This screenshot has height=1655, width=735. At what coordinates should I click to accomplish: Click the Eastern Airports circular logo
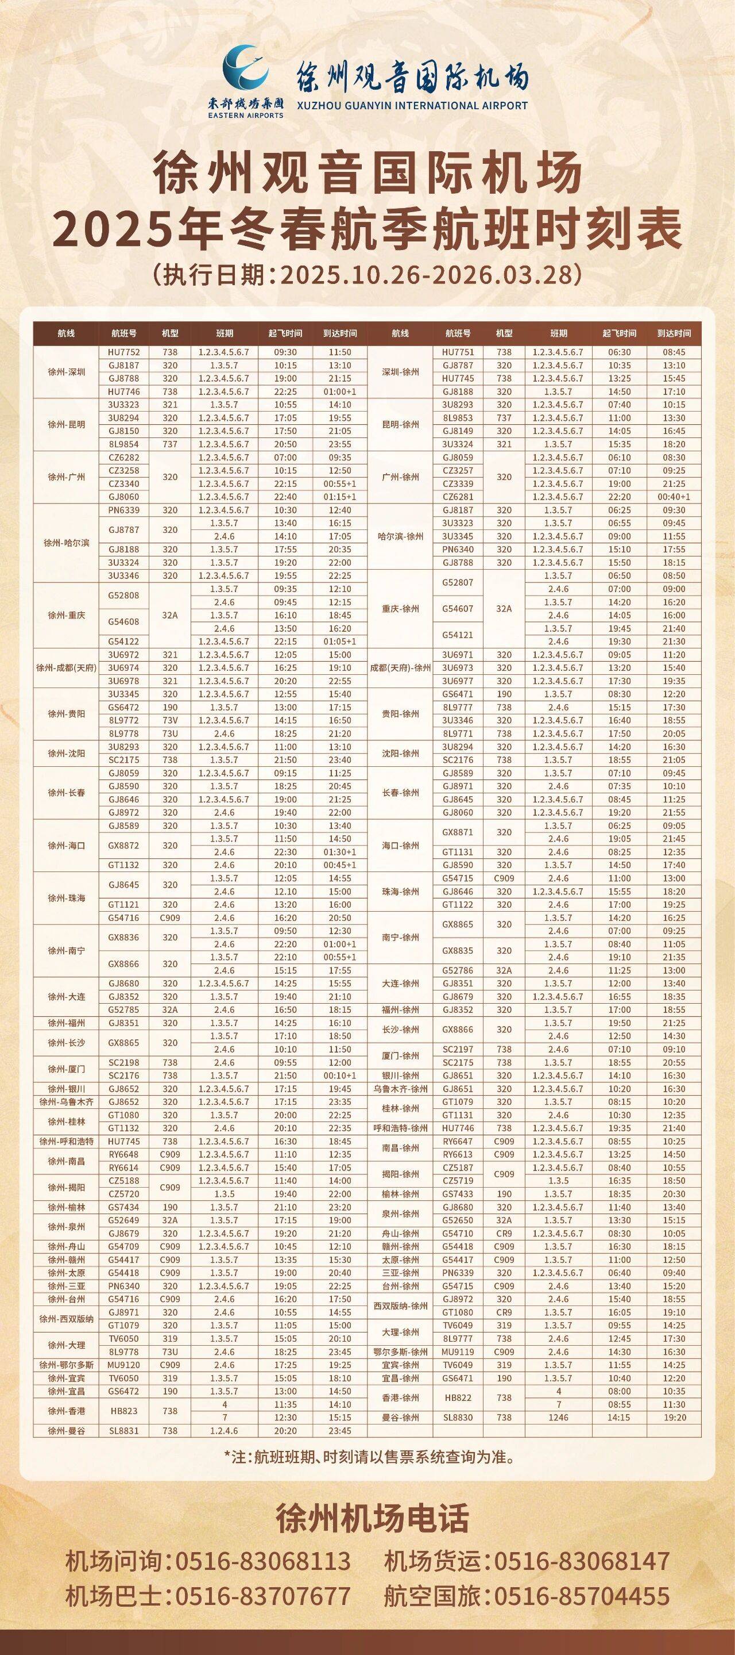click(245, 68)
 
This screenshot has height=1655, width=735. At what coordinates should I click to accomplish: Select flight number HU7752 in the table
click(124, 352)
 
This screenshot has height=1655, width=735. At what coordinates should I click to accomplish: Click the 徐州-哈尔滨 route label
click(66, 543)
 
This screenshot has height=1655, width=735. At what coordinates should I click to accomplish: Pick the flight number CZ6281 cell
click(458, 497)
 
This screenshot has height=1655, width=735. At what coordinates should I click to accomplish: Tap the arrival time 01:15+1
click(340, 497)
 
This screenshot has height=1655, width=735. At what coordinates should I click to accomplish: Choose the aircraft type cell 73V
click(170, 720)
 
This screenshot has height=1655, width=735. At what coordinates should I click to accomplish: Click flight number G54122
click(124, 641)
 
